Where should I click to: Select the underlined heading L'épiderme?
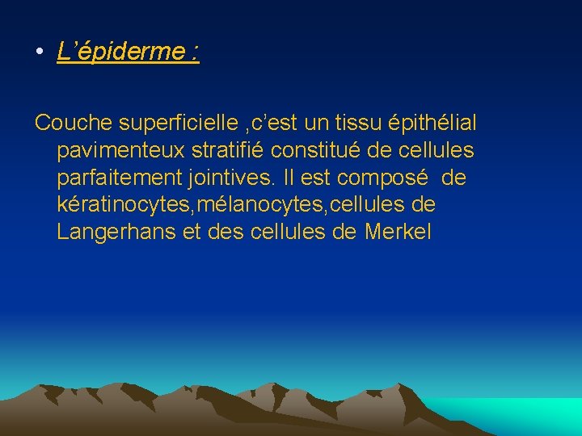128,52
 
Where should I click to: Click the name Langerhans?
116,233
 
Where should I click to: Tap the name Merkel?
399,233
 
